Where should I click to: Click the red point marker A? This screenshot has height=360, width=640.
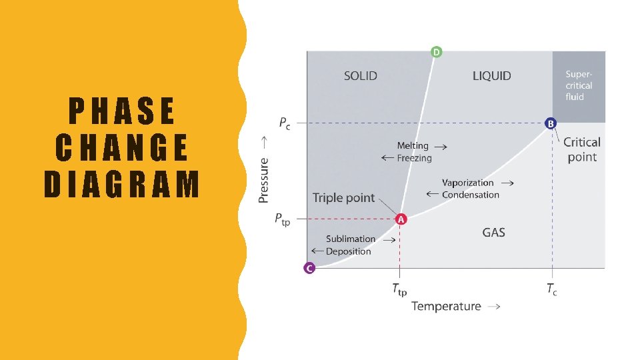coord(401,219)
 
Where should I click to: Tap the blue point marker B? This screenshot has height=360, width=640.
coord(551,123)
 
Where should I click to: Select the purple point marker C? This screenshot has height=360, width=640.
coord(309,268)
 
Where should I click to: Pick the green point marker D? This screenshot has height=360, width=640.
coord(436,52)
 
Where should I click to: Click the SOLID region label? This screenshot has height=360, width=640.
coord(361,76)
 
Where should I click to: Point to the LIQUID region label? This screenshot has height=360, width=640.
coord(492,76)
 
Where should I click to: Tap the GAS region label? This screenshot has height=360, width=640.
coord(493,233)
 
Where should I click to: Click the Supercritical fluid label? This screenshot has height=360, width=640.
coord(579,85)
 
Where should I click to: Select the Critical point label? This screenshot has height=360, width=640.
coord(582,149)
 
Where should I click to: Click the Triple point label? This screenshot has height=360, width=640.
coord(344,199)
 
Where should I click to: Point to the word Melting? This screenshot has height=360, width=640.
coord(413,145)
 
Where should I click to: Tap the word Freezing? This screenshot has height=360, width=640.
coord(415,158)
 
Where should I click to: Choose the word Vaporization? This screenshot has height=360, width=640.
coord(468,183)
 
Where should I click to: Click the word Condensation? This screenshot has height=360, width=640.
coord(471,195)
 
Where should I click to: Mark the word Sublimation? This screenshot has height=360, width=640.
coord(351,239)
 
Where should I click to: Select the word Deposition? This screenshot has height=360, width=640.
coord(348,251)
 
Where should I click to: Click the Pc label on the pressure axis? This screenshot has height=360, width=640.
coord(284,123)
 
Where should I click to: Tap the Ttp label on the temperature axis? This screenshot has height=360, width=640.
coord(399,289)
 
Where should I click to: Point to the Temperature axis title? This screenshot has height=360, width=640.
coord(446,306)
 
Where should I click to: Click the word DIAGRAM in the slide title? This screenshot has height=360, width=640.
coord(122,185)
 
